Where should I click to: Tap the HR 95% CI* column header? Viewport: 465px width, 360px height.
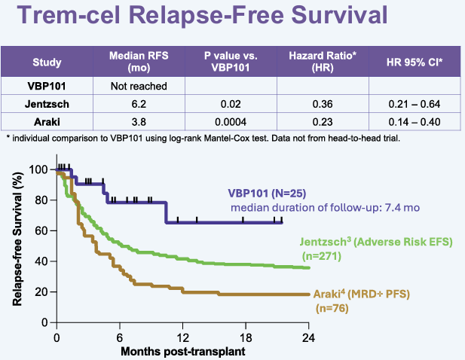(414, 62)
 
